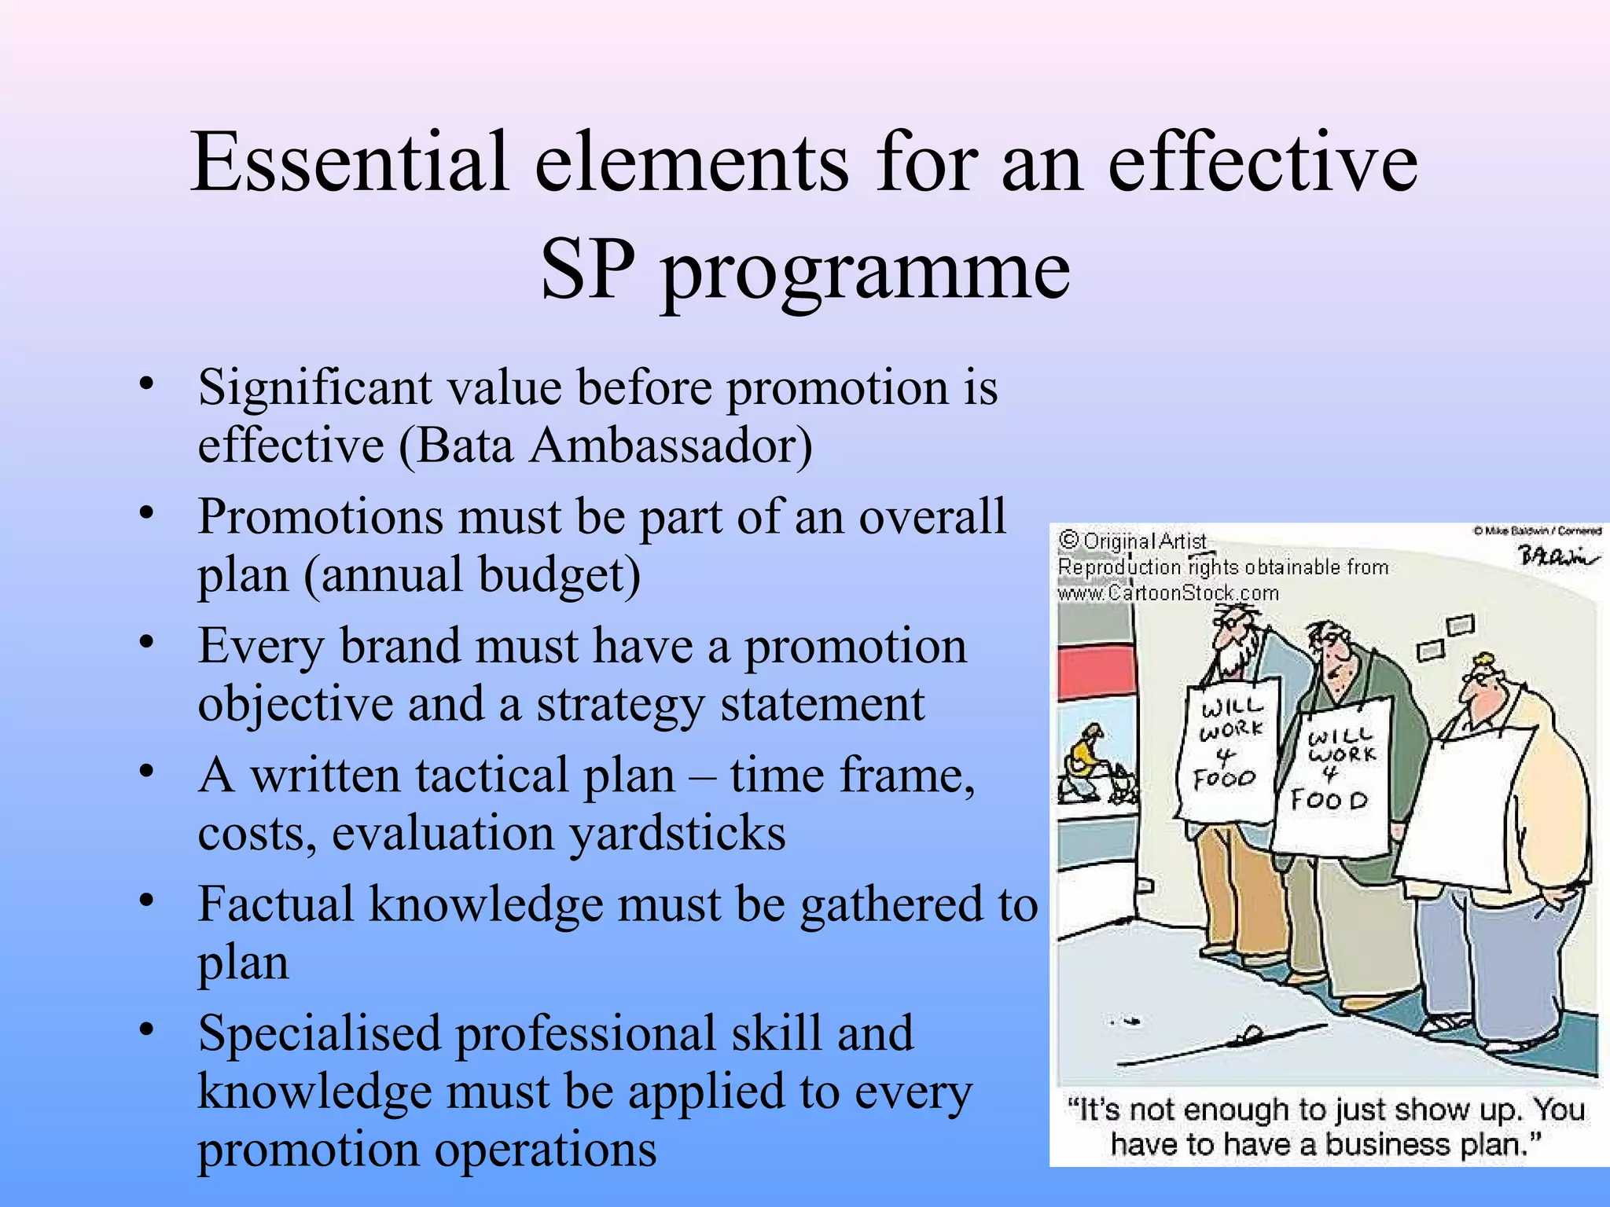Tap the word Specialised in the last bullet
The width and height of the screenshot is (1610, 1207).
tap(318, 1033)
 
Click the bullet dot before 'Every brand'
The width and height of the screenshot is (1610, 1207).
tap(145, 642)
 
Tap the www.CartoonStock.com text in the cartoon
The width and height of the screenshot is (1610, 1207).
tap(1168, 593)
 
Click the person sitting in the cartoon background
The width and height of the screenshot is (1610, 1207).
tap(1085, 762)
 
